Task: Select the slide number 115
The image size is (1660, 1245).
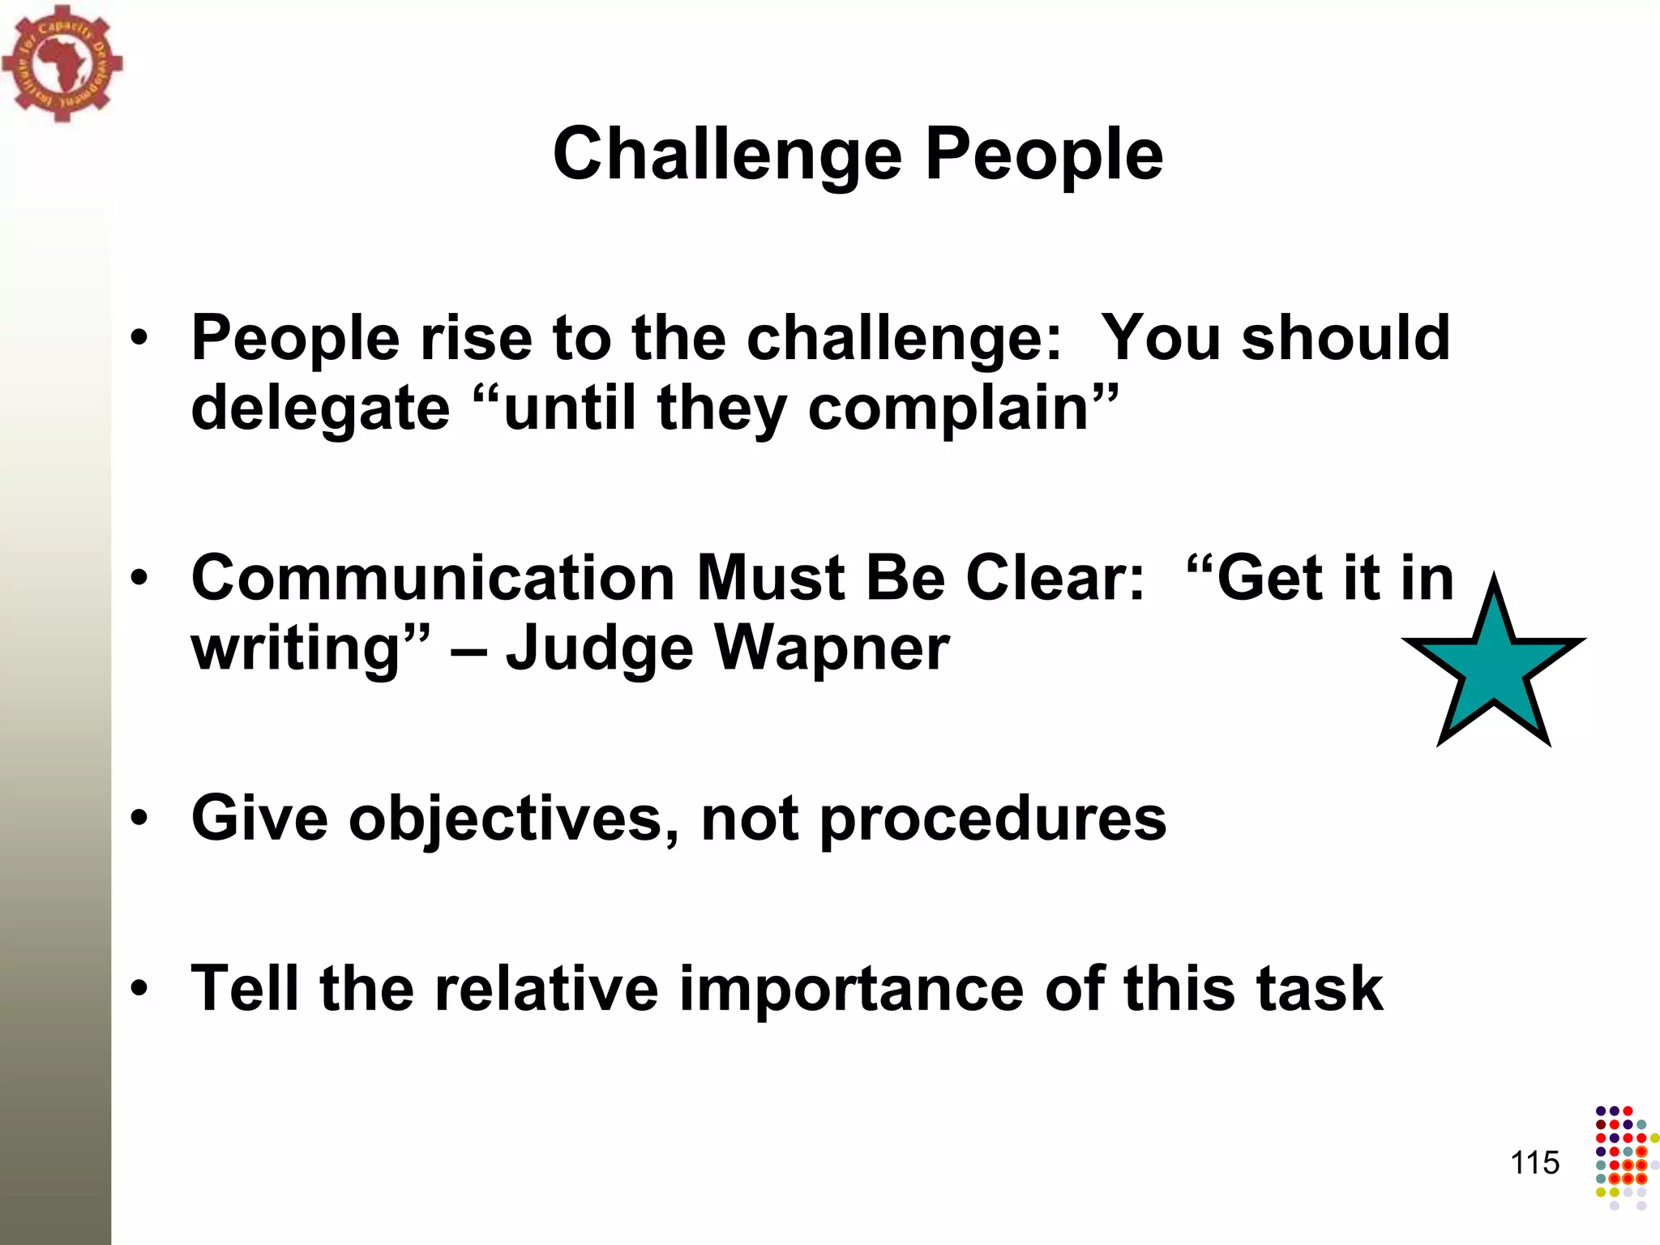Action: [x=1534, y=1163]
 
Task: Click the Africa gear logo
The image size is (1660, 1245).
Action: [x=62, y=63]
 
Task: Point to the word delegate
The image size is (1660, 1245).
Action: [x=320, y=408]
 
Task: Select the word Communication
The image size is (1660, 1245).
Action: [x=433, y=578]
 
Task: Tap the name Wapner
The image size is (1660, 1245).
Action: [x=832, y=648]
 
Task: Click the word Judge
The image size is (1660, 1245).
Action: [x=600, y=648]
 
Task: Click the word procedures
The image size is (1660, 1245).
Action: [x=993, y=819]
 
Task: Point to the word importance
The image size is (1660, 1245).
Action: [x=851, y=989]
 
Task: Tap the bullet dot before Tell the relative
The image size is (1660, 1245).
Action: [x=139, y=989]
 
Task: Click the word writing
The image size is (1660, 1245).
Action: [x=296, y=648]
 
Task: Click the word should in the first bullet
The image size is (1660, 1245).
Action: [x=1346, y=337]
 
